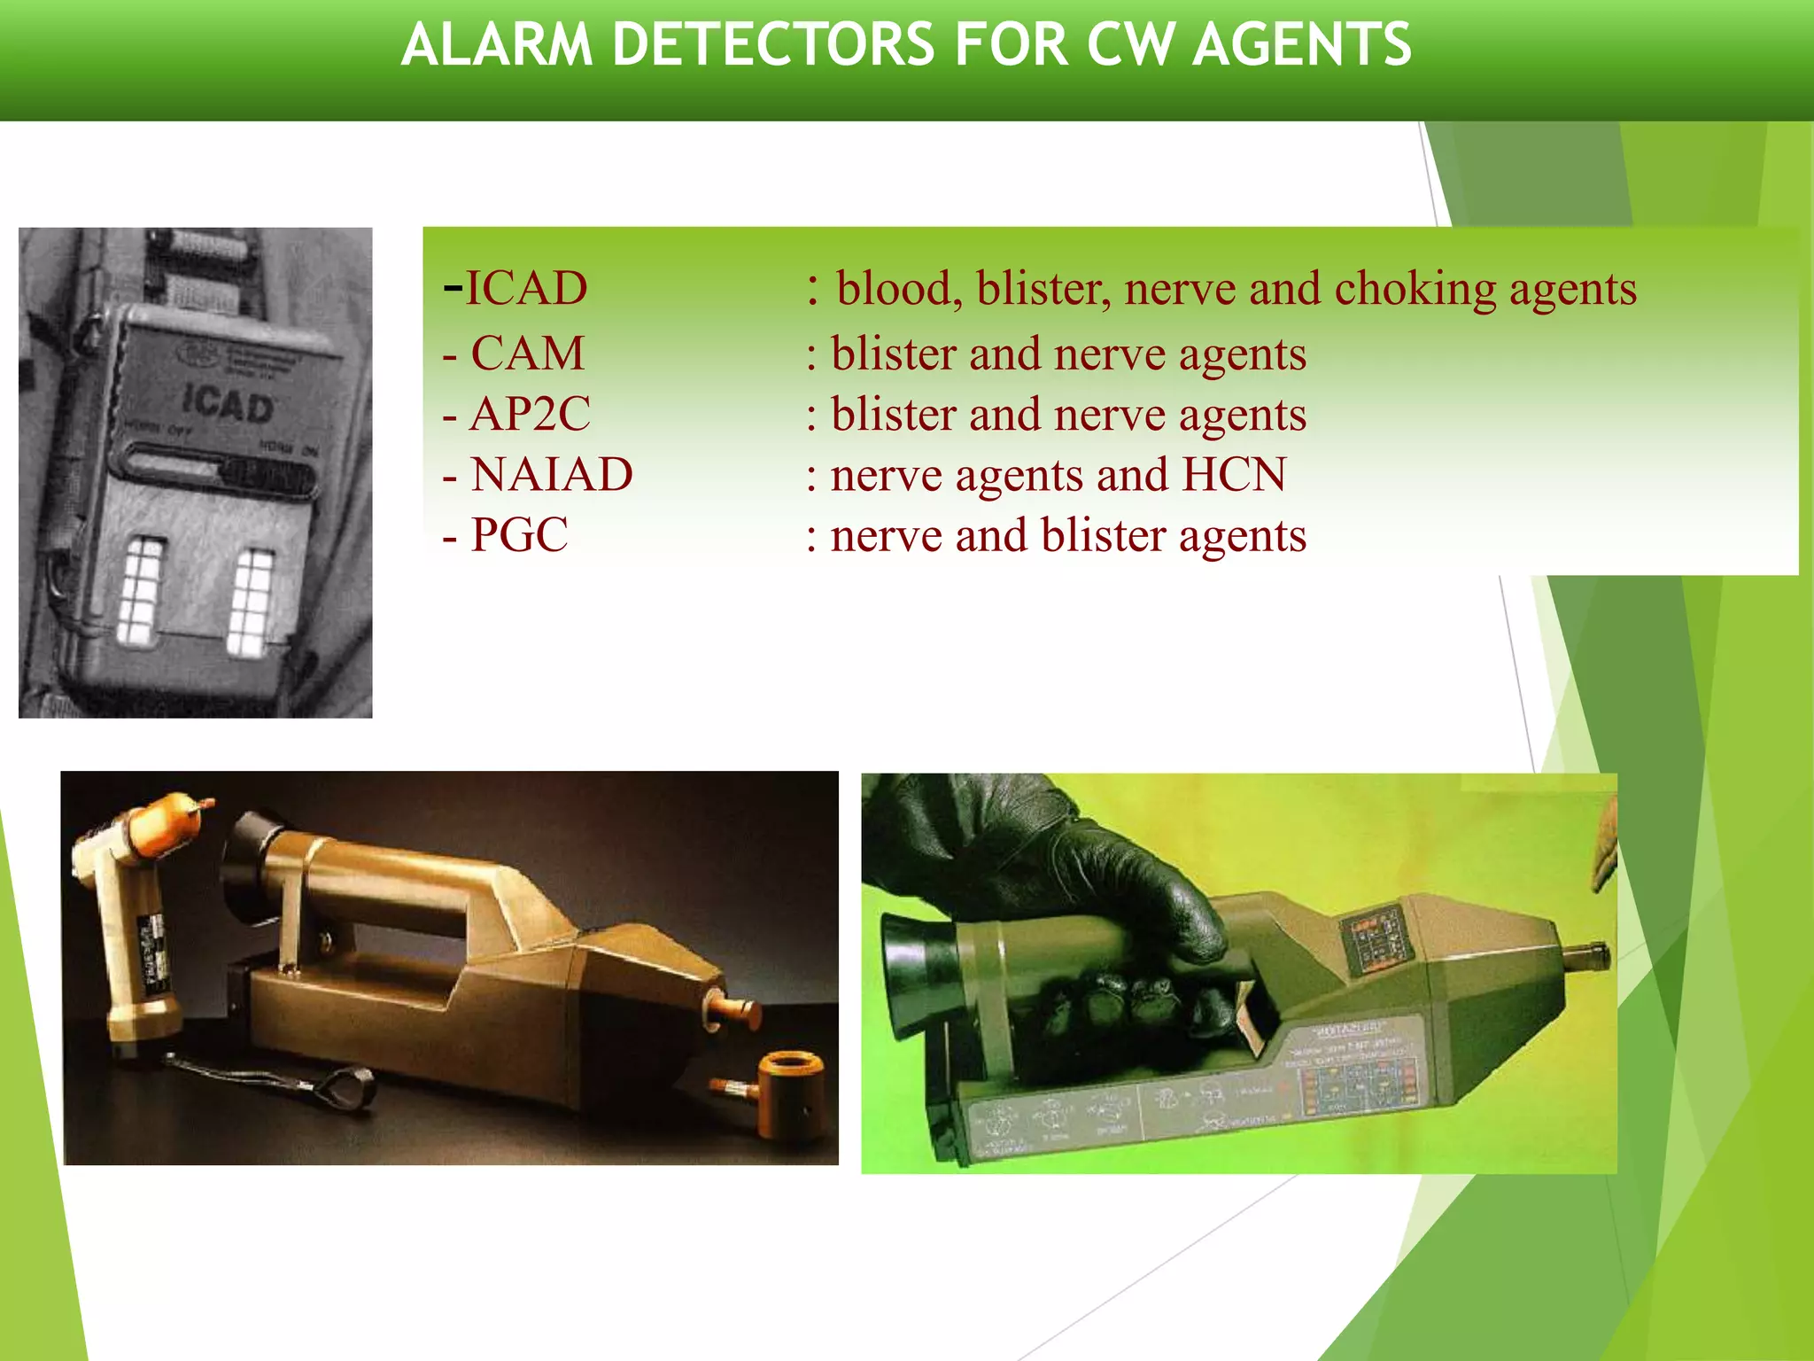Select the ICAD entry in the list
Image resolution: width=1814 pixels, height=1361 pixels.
pos(525,288)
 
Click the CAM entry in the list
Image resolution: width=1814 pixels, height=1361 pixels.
pos(527,353)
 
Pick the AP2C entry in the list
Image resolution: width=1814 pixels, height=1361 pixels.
pos(530,414)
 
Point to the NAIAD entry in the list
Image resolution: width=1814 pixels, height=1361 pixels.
pos(551,474)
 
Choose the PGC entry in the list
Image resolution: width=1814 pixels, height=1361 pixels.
pos(519,534)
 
